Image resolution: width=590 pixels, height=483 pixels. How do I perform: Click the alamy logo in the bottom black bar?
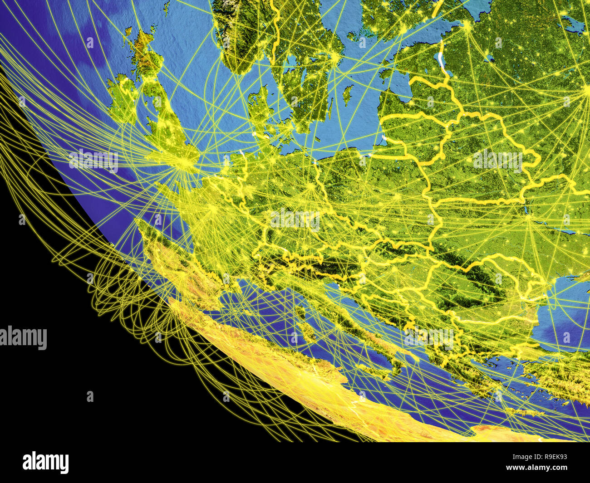(45, 463)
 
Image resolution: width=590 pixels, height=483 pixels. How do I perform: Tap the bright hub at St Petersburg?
(467, 26)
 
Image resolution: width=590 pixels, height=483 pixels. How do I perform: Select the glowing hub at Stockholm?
(335, 57)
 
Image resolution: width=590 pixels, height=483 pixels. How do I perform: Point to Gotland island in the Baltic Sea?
(348, 94)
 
